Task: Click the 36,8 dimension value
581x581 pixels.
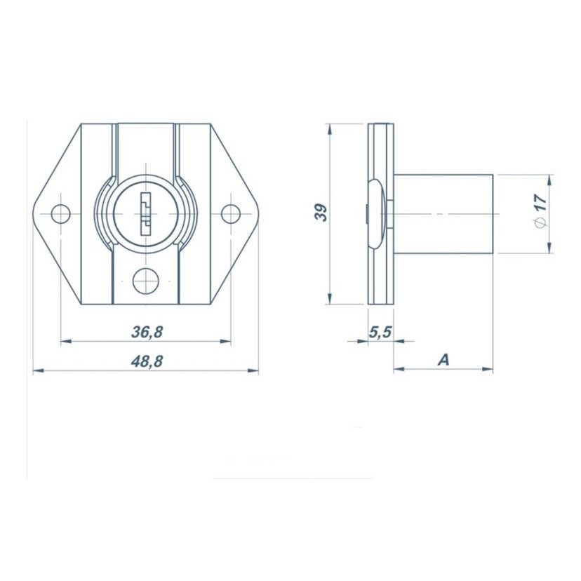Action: click(x=147, y=332)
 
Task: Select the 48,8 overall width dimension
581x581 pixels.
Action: click(x=147, y=361)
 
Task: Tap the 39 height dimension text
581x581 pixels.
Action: click(x=321, y=213)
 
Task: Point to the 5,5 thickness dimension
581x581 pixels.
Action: click(x=380, y=332)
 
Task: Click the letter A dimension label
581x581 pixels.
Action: click(x=443, y=359)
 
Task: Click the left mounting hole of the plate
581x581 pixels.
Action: click(x=60, y=214)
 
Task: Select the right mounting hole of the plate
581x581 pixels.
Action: click(x=230, y=214)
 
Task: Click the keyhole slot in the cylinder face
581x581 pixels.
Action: click(x=146, y=214)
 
